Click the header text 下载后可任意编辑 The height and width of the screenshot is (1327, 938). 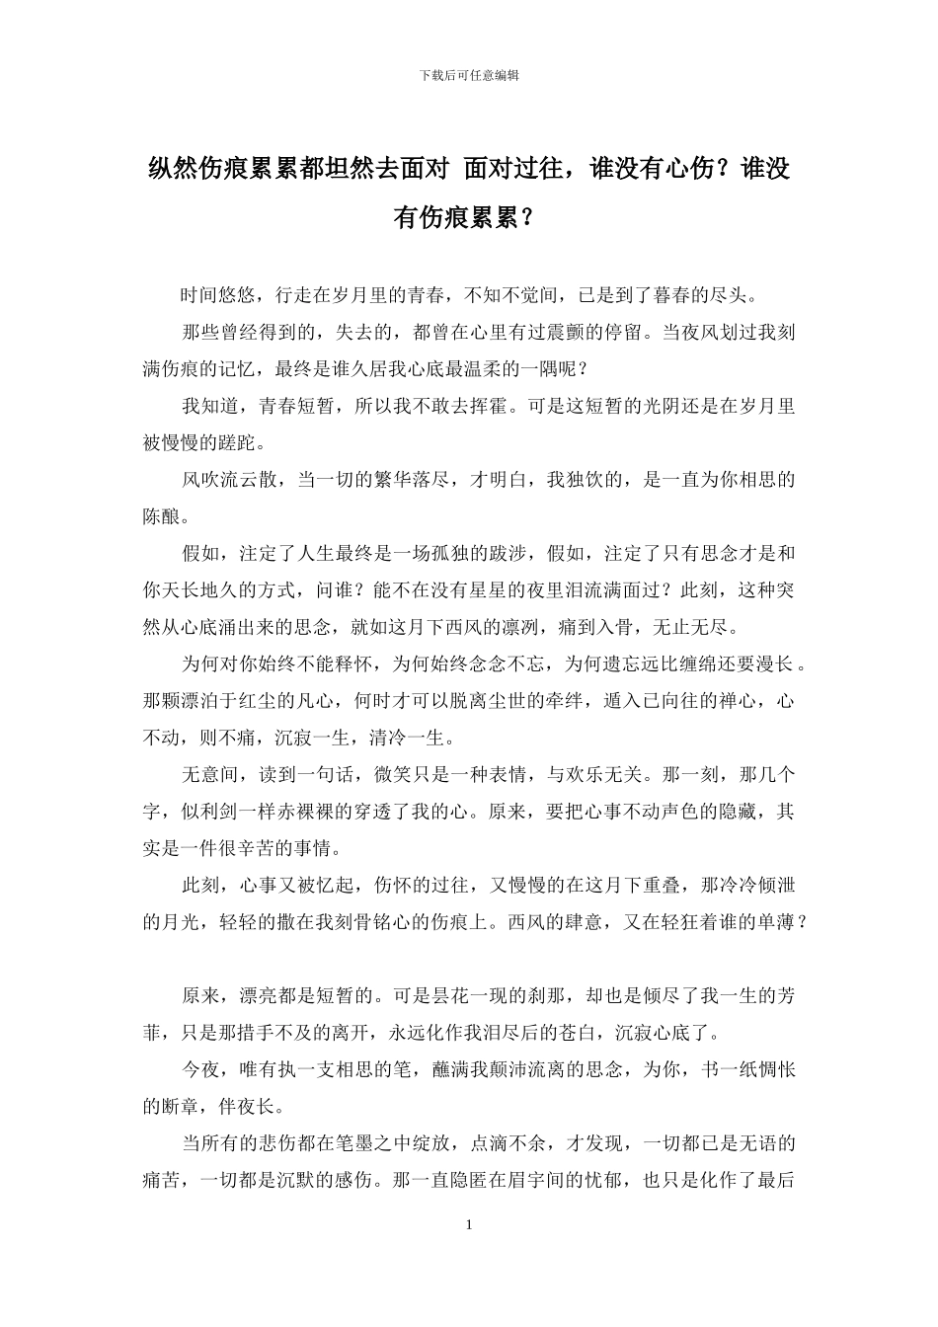469,74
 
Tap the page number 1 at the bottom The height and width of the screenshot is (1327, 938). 469,1225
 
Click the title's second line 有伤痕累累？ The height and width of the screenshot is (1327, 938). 468,218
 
